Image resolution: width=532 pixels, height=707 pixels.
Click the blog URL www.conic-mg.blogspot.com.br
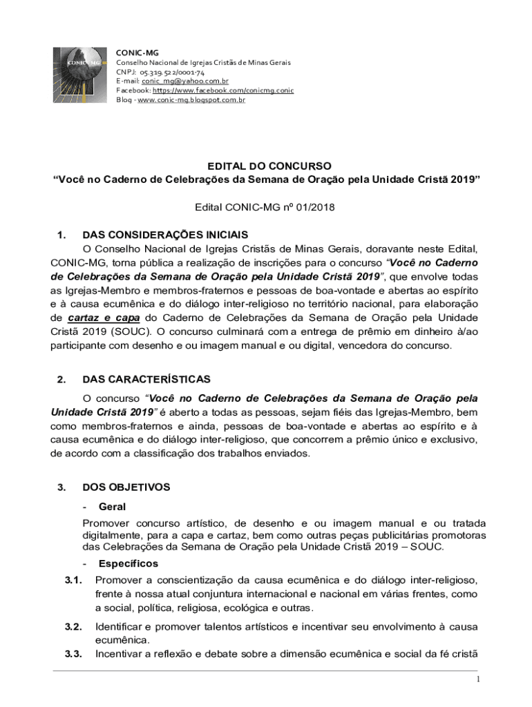(191, 99)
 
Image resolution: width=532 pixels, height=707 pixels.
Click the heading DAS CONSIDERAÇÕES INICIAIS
(165, 235)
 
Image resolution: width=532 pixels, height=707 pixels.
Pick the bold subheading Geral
(112, 506)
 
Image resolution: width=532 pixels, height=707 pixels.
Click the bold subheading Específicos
(129, 563)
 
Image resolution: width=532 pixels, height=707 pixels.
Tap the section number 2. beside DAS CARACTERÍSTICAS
(61, 379)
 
